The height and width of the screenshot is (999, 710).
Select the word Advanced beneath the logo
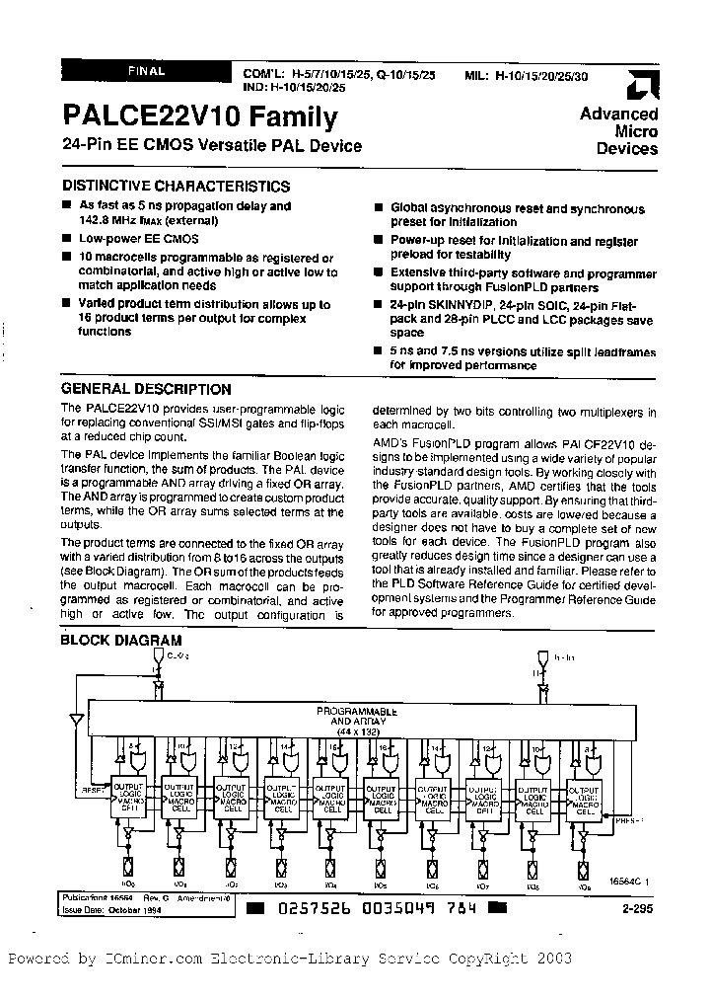pyautogui.click(x=618, y=114)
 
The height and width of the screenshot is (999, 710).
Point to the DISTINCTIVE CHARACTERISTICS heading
pyautogui.click(x=176, y=186)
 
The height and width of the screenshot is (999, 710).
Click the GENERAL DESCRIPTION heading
pyautogui.click(x=146, y=389)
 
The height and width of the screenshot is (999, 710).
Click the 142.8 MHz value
pyautogui.click(x=120, y=220)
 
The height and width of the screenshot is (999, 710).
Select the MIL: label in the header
pyautogui.click(x=477, y=74)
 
